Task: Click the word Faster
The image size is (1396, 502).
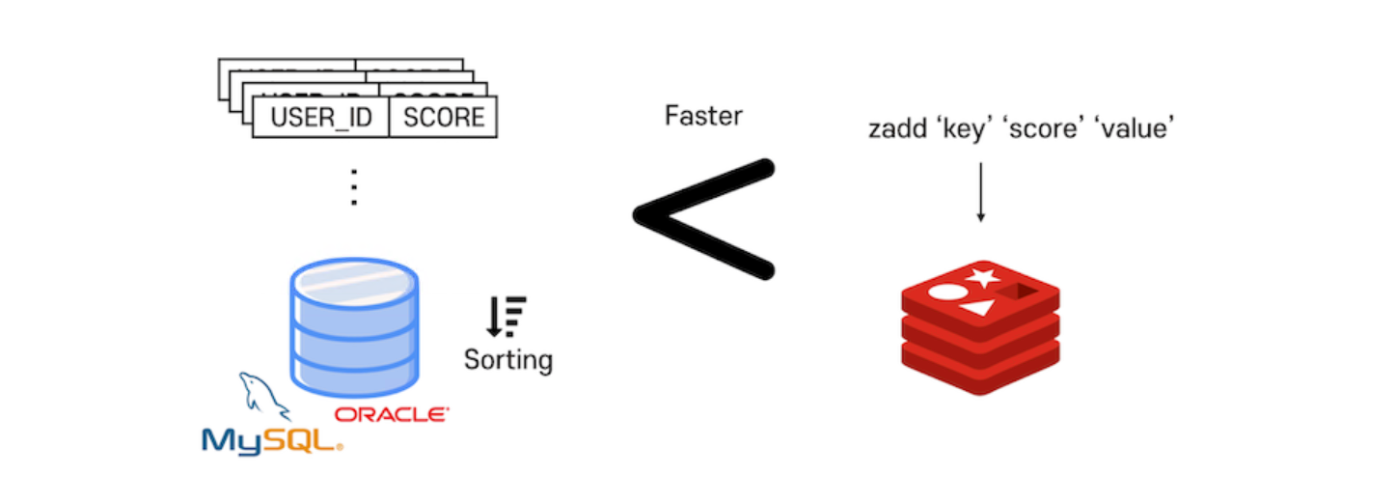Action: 703,117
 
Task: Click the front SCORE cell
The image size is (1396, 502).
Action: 443,117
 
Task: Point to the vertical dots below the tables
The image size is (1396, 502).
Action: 354,186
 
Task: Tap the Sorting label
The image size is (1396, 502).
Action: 507,360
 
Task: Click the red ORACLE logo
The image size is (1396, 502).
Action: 392,415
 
